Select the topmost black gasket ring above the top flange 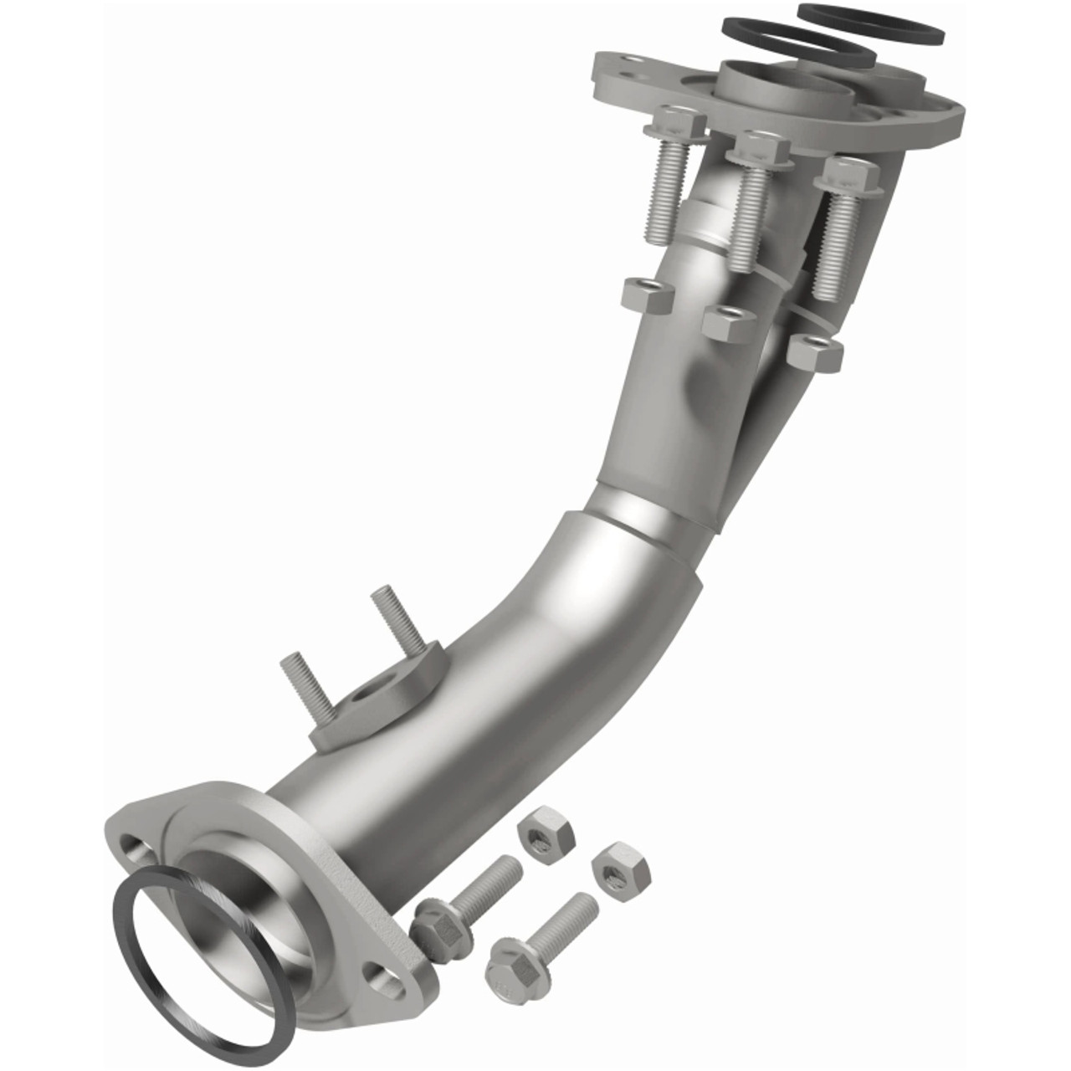870,23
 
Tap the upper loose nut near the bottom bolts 544,829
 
